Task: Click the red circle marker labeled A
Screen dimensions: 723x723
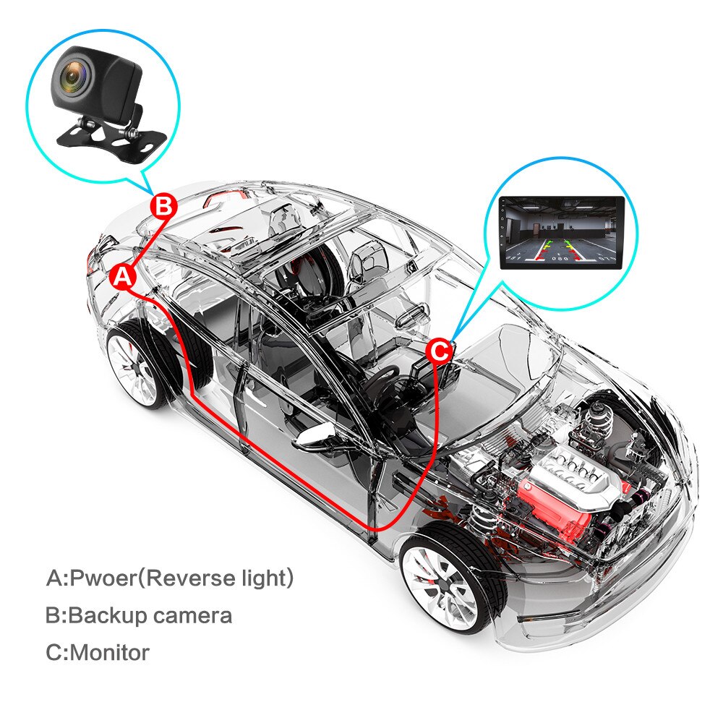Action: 123,275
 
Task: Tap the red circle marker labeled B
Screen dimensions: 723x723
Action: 163,206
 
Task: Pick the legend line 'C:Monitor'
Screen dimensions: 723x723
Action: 98,652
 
